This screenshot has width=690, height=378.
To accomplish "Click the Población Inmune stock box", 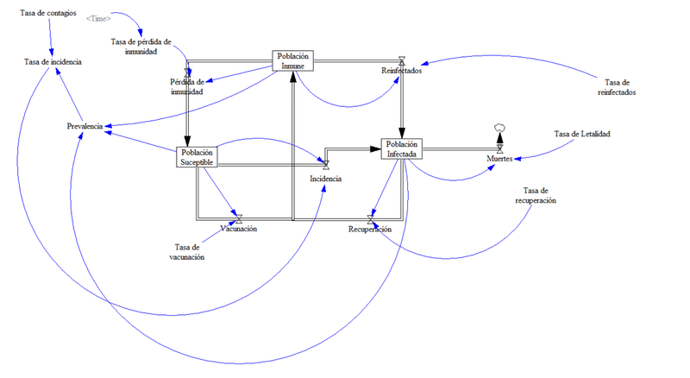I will click(x=293, y=60).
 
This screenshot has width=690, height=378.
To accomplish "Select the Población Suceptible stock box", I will click(x=198, y=156).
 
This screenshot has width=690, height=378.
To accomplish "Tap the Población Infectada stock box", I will click(x=402, y=148).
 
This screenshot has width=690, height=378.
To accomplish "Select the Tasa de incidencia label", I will click(x=53, y=62).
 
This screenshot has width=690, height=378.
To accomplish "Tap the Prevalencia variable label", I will click(x=85, y=126).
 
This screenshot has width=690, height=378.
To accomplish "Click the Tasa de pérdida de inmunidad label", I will click(x=141, y=46).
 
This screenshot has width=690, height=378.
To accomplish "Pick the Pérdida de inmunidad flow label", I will click(x=186, y=87).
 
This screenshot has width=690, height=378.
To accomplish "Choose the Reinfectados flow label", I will click(x=401, y=71).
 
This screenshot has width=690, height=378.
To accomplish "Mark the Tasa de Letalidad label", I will click(x=582, y=134).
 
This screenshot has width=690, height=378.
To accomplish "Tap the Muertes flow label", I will click(x=499, y=160).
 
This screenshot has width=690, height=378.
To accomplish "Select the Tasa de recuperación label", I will click(x=535, y=195).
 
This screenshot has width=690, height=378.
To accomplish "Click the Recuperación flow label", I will click(x=370, y=230).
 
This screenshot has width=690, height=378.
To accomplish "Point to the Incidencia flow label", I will click(x=326, y=179).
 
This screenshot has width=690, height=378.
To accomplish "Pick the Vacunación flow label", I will click(x=238, y=229).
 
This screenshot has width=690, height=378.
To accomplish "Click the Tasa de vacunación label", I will click(x=186, y=252).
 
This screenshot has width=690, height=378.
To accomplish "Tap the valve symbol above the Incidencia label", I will click(x=326, y=164).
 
